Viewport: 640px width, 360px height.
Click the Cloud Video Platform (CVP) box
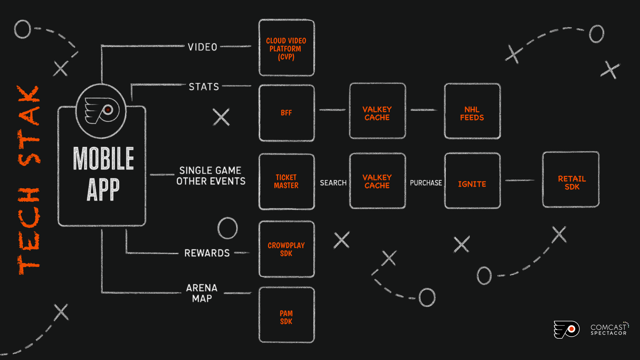tap(286, 48)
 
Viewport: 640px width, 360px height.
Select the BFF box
tap(286, 113)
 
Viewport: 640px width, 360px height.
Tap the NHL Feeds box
tap(472, 111)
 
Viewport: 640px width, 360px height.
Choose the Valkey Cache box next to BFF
tap(377, 111)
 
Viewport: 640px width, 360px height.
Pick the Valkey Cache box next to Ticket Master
tap(377, 181)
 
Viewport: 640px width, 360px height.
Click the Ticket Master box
tap(286, 181)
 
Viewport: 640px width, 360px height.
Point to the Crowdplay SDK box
tap(286, 249)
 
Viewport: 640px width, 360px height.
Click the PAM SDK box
tap(286, 315)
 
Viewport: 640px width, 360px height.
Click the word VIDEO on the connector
tap(202, 47)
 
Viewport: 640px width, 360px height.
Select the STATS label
tap(204, 87)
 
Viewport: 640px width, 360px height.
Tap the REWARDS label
tap(207, 253)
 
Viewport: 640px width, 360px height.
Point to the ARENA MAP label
tap(202, 293)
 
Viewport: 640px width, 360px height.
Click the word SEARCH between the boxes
tap(333, 183)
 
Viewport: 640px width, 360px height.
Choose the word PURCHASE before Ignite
tap(426, 183)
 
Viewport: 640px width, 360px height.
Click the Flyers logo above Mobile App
tap(101, 111)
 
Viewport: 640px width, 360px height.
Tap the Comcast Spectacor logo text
tap(609, 329)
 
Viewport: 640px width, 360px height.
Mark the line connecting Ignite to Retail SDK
tap(520, 180)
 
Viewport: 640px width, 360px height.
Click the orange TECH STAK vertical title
tap(29, 180)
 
